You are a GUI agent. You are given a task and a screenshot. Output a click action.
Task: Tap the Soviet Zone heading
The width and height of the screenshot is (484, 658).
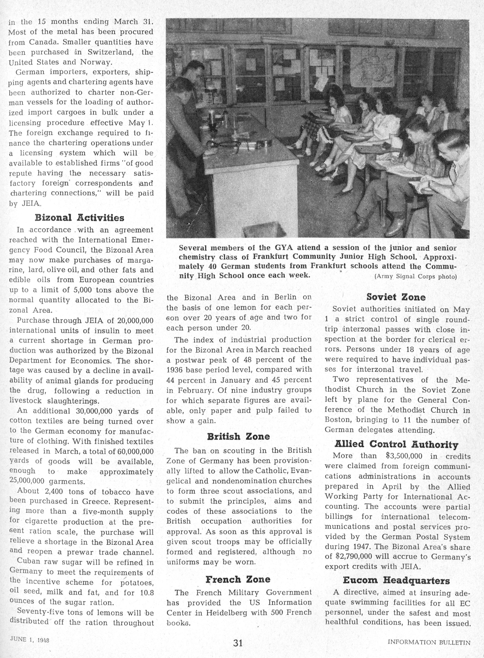(396, 297)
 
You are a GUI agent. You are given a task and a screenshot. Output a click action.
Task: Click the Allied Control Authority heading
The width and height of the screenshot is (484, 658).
(396, 445)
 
